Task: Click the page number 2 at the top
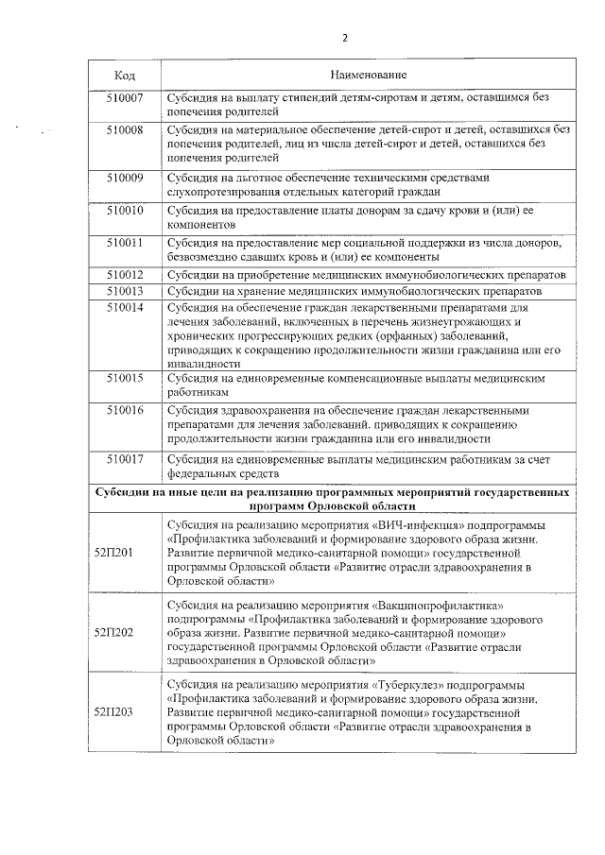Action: coord(345,38)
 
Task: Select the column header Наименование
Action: coord(369,74)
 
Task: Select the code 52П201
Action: coord(113,553)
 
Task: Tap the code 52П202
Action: coord(113,632)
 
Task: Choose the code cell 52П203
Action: coord(113,712)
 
